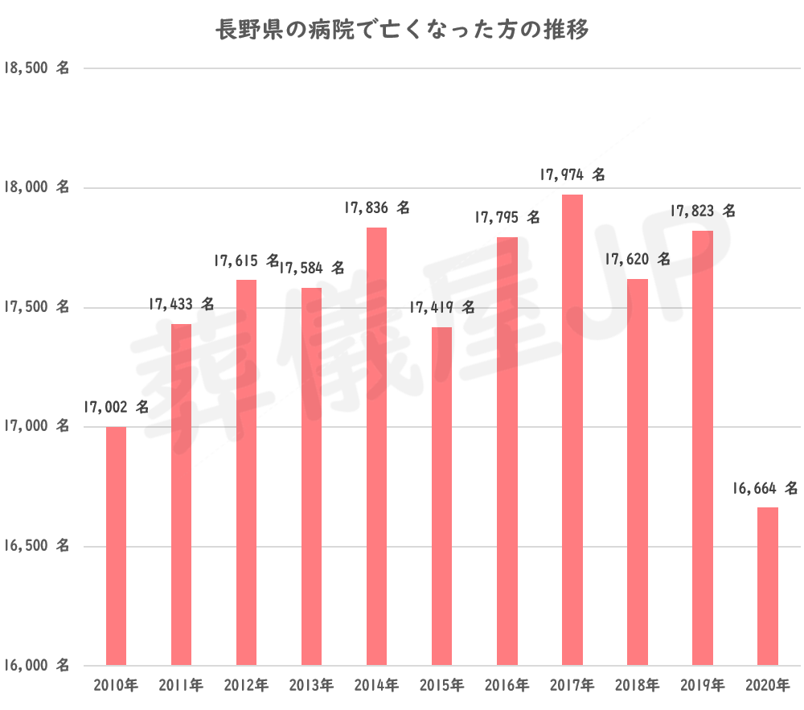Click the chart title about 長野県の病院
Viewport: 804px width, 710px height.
(x=402, y=31)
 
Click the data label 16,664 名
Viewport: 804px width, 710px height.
(x=765, y=488)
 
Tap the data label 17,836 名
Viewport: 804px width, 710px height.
(x=376, y=208)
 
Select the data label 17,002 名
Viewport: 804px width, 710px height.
(x=115, y=408)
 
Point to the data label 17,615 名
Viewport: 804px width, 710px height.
(x=246, y=261)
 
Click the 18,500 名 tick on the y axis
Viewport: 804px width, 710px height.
(x=37, y=69)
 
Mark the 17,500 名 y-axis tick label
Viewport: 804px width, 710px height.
(x=37, y=308)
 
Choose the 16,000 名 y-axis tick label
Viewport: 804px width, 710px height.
(x=37, y=666)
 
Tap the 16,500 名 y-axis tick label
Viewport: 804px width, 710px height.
(x=37, y=547)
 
